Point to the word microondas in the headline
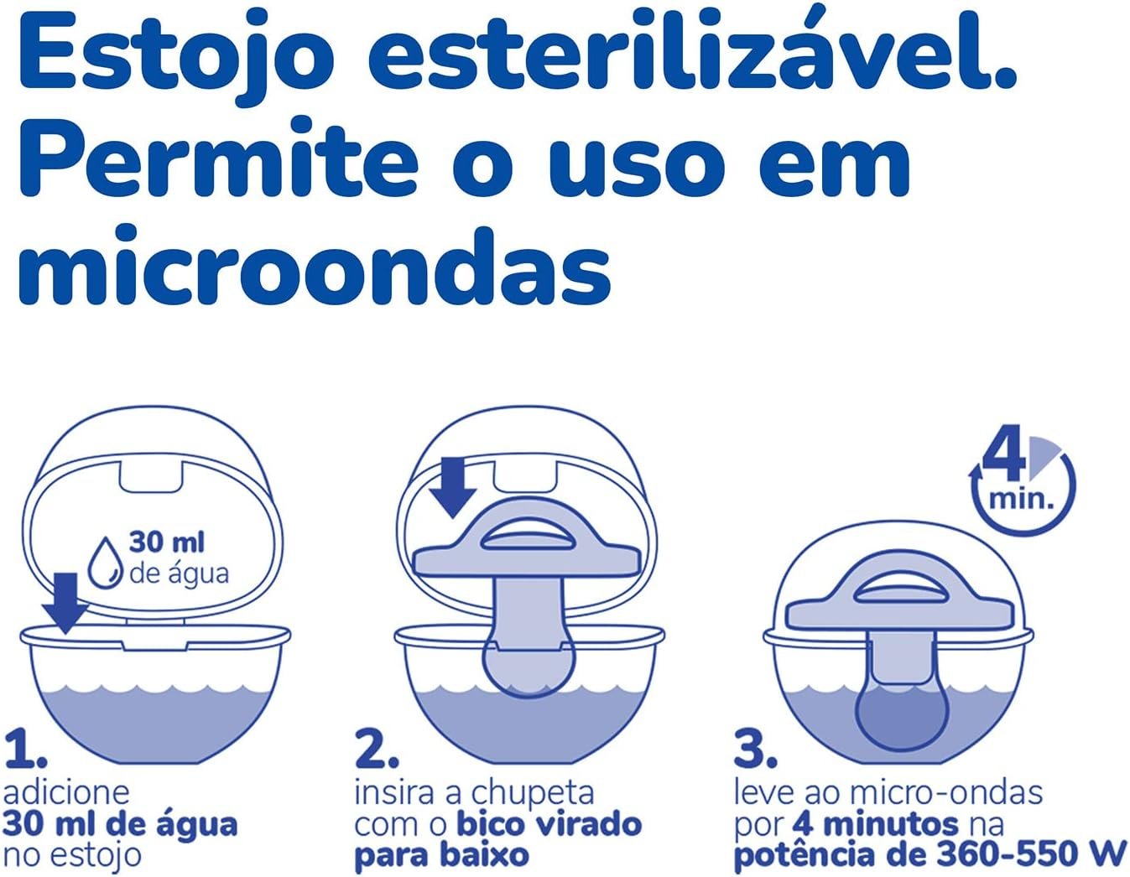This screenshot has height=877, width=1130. (314, 267)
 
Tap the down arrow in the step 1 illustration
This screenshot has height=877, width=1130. (65, 604)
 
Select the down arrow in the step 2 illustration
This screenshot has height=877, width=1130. (454, 488)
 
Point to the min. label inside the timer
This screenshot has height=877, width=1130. (1021, 499)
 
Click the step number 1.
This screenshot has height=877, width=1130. (25, 750)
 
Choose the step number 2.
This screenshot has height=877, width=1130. (378, 750)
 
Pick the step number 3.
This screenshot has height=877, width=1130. (756, 750)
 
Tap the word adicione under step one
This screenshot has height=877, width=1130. (66, 793)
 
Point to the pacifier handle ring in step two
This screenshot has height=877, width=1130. (528, 542)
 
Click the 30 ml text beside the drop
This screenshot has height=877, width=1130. (167, 543)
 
